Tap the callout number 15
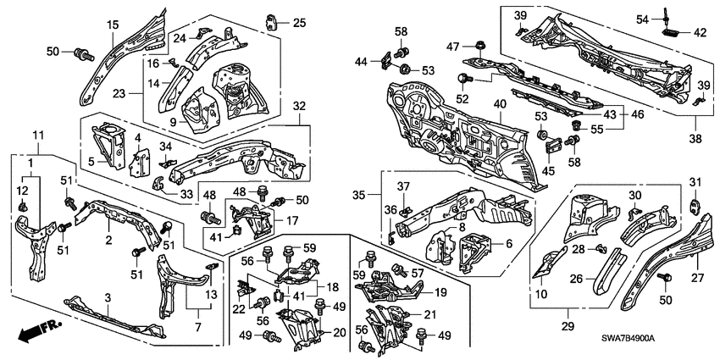pos(112,26)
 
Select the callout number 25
pos(299,22)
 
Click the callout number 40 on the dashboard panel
pos(500,105)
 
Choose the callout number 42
pos(699,33)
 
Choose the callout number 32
pos(298,105)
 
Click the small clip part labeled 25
pos(273,20)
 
